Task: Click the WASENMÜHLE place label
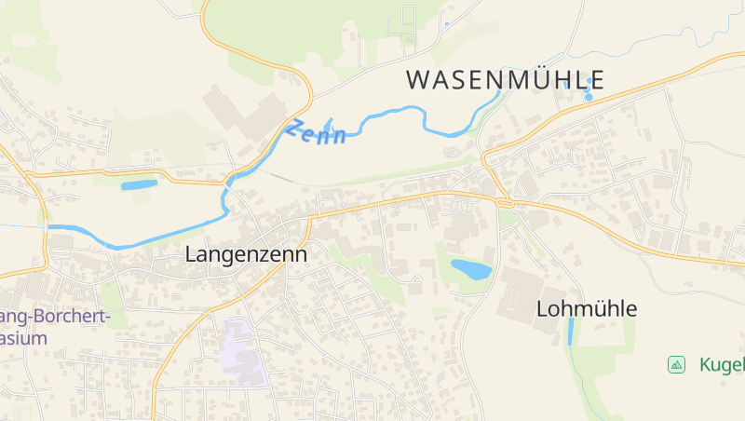pyautogui.click(x=506, y=80)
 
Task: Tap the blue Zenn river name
pyautogui.click(x=317, y=132)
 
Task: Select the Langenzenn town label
pyautogui.click(x=246, y=253)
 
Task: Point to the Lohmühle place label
pyautogui.click(x=587, y=308)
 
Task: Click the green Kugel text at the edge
pyautogui.click(x=723, y=364)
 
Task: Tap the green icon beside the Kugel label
pyautogui.click(x=677, y=364)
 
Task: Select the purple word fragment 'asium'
pyautogui.click(x=23, y=338)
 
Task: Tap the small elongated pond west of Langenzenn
pyautogui.click(x=140, y=184)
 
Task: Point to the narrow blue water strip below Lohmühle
pyautogui.click(x=571, y=332)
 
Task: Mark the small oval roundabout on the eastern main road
pyautogui.click(x=504, y=202)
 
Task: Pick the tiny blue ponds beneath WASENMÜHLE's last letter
pyautogui.click(x=588, y=94)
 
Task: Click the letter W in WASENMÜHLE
pyautogui.click(x=418, y=80)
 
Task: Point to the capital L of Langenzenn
pyautogui.click(x=191, y=253)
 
